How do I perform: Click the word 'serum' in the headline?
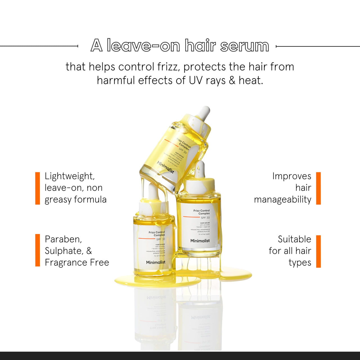click(x=244, y=46)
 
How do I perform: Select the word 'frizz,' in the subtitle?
click(x=168, y=67)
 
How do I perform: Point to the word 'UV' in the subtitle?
click(x=195, y=80)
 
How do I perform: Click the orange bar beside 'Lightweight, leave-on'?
click(x=37, y=188)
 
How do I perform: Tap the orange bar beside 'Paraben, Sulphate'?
click(x=37, y=250)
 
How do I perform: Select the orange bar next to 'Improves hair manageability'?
click(x=318, y=188)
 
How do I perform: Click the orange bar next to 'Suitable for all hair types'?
click(x=318, y=251)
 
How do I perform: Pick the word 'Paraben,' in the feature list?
click(x=63, y=239)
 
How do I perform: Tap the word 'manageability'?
click(x=282, y=199)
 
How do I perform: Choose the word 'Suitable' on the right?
click(x=294, y=239)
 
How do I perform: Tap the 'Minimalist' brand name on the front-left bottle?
click(x=156, y=262)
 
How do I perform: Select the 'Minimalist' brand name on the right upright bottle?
click(x=200, y=241)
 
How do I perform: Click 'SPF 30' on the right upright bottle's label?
click(x=205, y=218)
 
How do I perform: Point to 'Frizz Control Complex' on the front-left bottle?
click(x=157, y=234)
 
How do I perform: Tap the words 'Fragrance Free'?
click(x=77, y=262)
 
